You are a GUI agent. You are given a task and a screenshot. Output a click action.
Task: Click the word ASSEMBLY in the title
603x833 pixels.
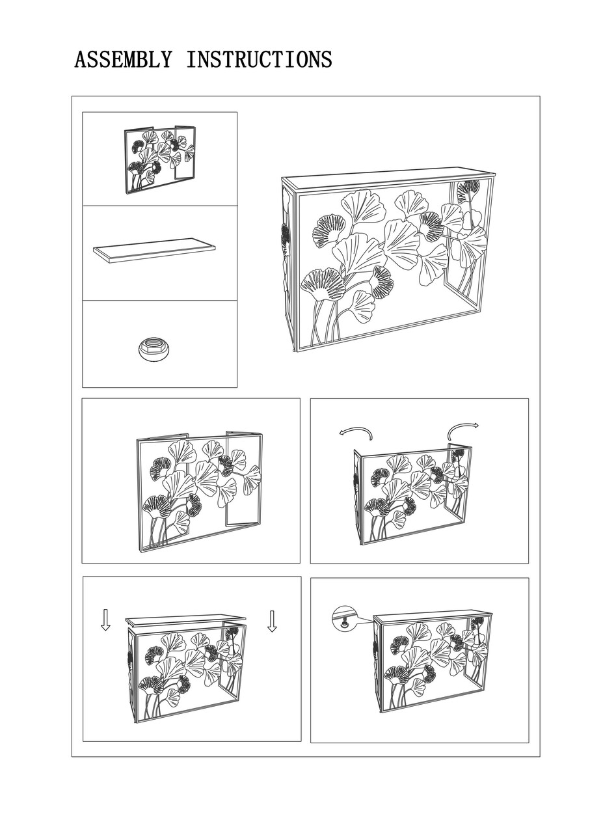click(123, 59)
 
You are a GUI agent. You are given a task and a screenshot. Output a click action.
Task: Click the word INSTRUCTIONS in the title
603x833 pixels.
click(259, 59)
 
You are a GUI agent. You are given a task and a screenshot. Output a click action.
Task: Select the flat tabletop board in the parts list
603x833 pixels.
click(154, 251)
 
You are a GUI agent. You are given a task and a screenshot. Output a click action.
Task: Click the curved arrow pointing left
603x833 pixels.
click(356, 432)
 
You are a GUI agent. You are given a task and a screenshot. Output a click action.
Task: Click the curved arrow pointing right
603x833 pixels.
click(462, 430)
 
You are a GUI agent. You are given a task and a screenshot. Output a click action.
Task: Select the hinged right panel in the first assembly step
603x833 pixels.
click(244, 480)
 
